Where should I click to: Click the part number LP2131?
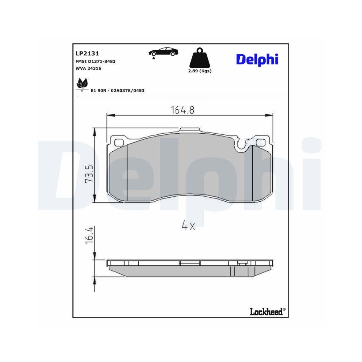(84, 53)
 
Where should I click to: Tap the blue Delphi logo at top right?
(257, 59)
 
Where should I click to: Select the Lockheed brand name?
(266, 311)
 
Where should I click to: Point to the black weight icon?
(199, 58)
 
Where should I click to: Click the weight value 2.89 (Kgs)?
(199, 71)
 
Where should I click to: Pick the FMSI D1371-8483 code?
(96, 62)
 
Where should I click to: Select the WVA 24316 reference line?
(88, 68)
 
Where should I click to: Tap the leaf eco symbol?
(82, 84)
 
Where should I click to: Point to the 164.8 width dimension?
(182, 110)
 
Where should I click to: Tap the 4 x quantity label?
(188, 226)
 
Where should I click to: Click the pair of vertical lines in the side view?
(232, 271)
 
